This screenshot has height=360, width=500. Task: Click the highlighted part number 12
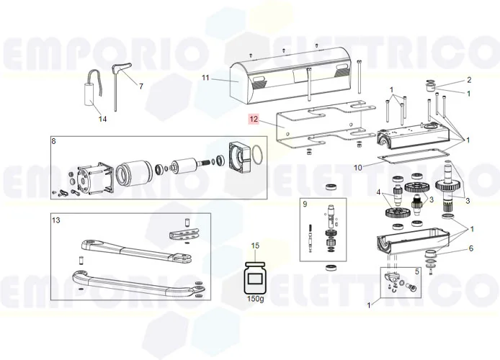coord(253,121)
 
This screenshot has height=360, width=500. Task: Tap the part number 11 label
coord(205,77)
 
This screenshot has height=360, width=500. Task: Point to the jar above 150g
coord(254,278)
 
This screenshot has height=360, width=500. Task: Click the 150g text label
coord(254,298)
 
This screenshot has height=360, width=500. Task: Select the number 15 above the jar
coord(254,247)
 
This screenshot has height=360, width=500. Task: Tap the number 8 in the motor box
coord(54,141)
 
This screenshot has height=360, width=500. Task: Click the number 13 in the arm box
coord(56,220)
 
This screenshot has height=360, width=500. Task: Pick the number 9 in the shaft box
coord(305,204)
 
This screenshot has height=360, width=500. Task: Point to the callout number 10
coord(359,168)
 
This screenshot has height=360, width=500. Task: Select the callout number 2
coord(469,80)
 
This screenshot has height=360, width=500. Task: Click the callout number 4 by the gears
coord(377,192)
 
